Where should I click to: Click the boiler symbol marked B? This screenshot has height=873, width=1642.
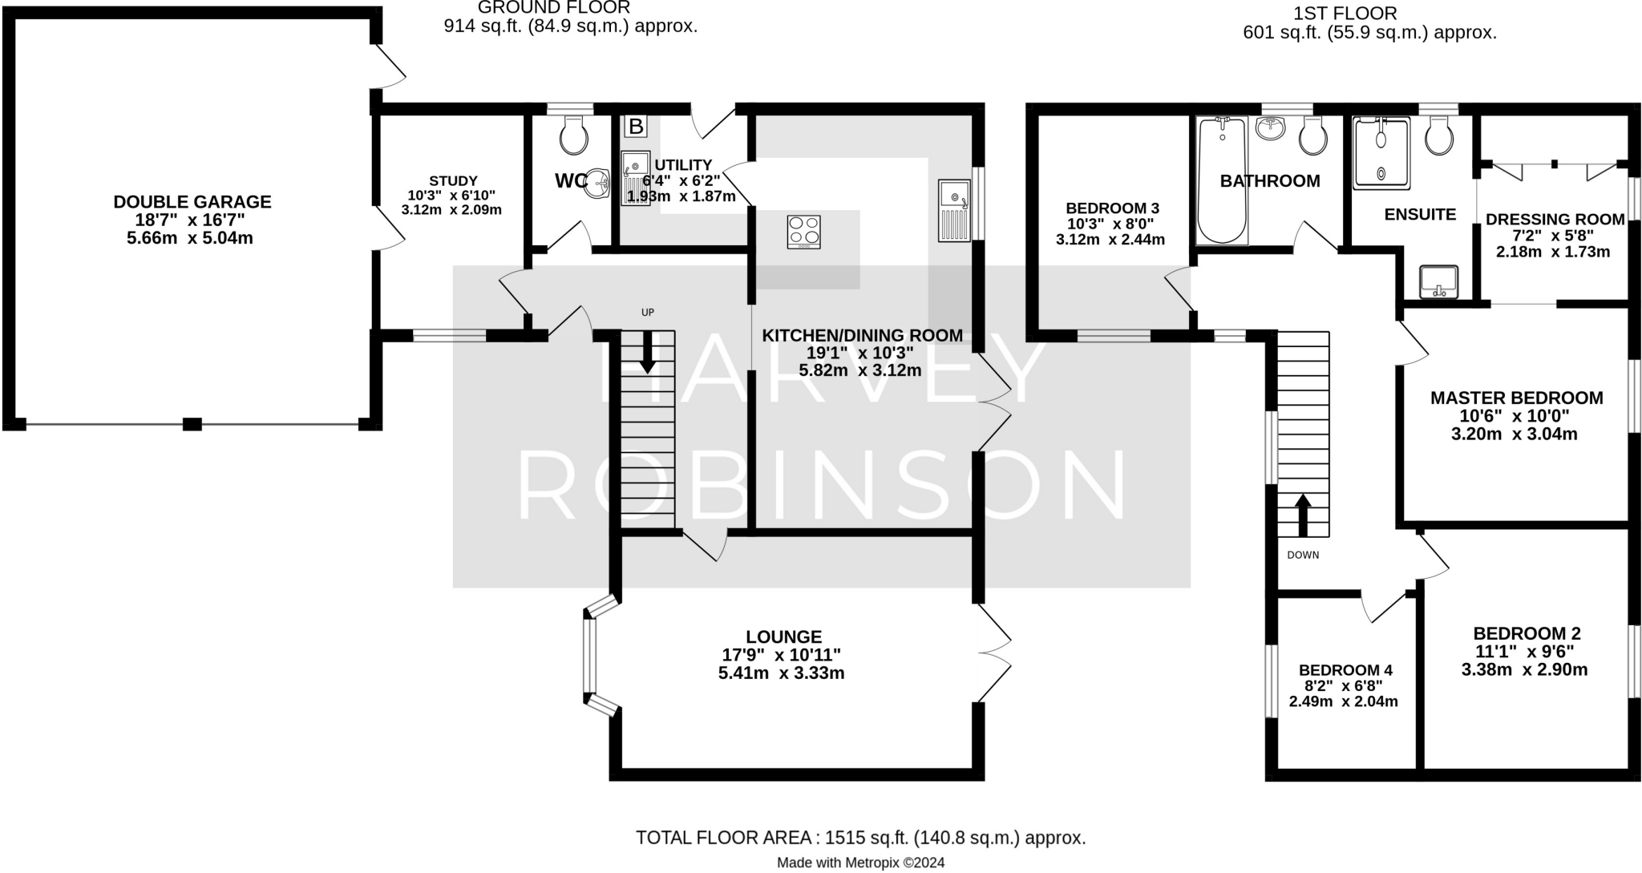(635, 126)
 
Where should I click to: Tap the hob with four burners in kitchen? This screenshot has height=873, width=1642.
(803, 231)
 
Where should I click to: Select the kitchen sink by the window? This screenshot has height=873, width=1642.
(954, 209)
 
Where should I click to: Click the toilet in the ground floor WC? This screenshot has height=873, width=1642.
(574, 136)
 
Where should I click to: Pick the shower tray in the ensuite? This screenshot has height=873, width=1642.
(1381, 153)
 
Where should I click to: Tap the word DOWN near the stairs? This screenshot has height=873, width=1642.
(1302, 555)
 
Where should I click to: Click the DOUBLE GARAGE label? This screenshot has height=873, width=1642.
(192, 202)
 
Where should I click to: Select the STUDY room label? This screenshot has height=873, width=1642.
(453, 181)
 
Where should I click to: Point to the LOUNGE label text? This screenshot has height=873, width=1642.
(783, 637)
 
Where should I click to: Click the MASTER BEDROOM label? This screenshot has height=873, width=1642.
(1516, 398)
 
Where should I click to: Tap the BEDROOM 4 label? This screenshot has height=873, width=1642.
(1345, 670)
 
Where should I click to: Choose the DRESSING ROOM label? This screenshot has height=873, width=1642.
(1555, 219)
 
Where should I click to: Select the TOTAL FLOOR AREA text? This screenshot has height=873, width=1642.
(860, 838)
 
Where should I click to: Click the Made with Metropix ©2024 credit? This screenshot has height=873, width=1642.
(860, 863)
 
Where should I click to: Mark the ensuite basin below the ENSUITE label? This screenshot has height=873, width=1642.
(1438, 281)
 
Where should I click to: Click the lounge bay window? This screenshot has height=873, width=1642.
(591, 656)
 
